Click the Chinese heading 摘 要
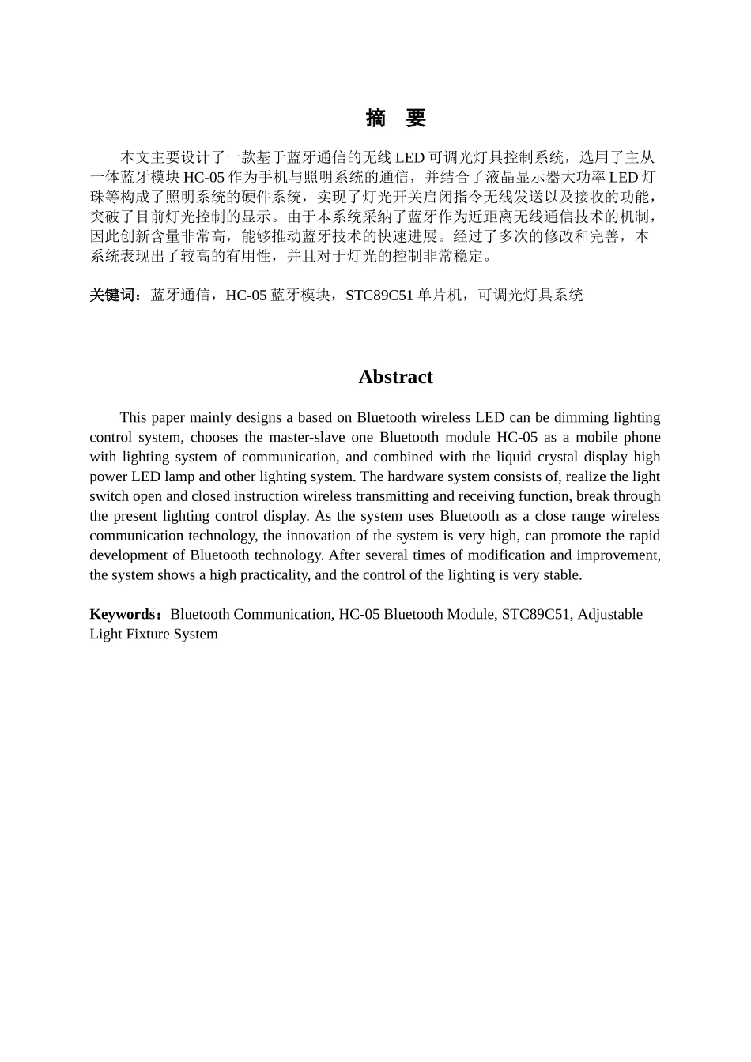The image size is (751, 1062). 395,119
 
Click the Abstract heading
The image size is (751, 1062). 395,377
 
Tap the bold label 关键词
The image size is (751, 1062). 114,295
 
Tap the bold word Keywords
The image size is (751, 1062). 123,614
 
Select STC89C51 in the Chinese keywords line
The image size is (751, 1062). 379,295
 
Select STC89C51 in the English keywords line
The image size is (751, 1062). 535,614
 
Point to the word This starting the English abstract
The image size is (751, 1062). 133,417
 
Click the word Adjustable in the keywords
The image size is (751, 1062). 609,614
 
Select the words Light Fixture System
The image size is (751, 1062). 153,634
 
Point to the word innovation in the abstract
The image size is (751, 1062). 318,535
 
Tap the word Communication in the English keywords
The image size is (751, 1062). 281,614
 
